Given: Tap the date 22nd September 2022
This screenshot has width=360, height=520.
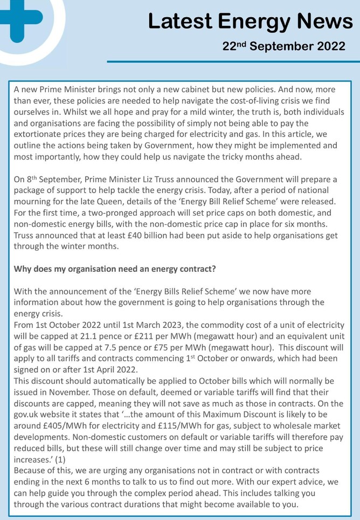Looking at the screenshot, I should click(x=284, y=46).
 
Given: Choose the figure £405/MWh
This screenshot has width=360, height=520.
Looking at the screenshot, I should click(x=60, y=427).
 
